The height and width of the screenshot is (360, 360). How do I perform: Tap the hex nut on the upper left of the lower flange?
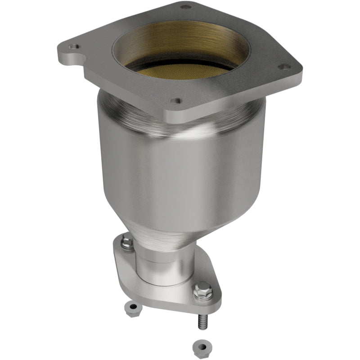[128, 243]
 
